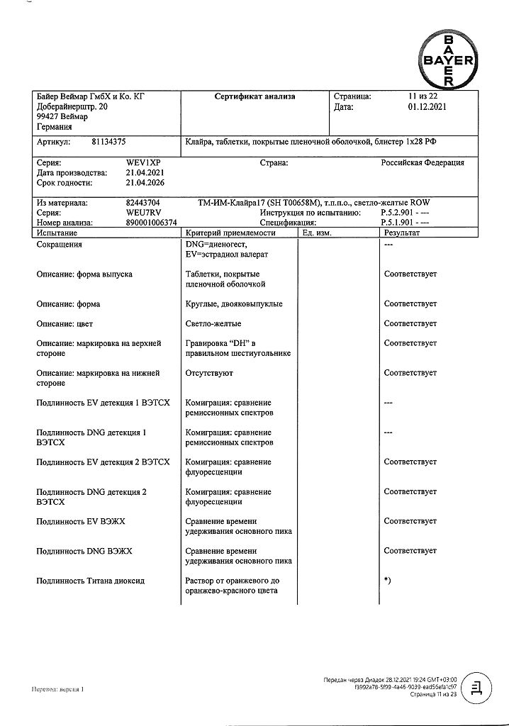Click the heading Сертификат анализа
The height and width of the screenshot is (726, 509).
click(x=254, y=96)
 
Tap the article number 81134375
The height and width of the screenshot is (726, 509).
click(x=109, y=142)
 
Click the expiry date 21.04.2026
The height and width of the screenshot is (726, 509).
click(x=145, y=182)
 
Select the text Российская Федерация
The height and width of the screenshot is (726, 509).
click(x=423, y=162)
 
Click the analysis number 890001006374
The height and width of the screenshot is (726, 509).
click(x=152, y=223)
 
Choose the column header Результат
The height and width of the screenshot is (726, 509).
click(x=402, y=233)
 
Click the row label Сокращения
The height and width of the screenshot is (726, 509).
click(x=59, y=245)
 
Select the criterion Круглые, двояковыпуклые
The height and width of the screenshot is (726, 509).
click(x=234, y=303)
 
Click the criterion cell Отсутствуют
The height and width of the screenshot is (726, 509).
click(x=209, y=373)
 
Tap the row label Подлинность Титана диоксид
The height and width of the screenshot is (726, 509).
click(x=90, y=581)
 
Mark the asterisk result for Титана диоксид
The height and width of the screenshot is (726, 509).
click(x=387, y=581)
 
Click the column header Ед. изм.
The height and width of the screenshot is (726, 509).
click(x=317, y=233)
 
